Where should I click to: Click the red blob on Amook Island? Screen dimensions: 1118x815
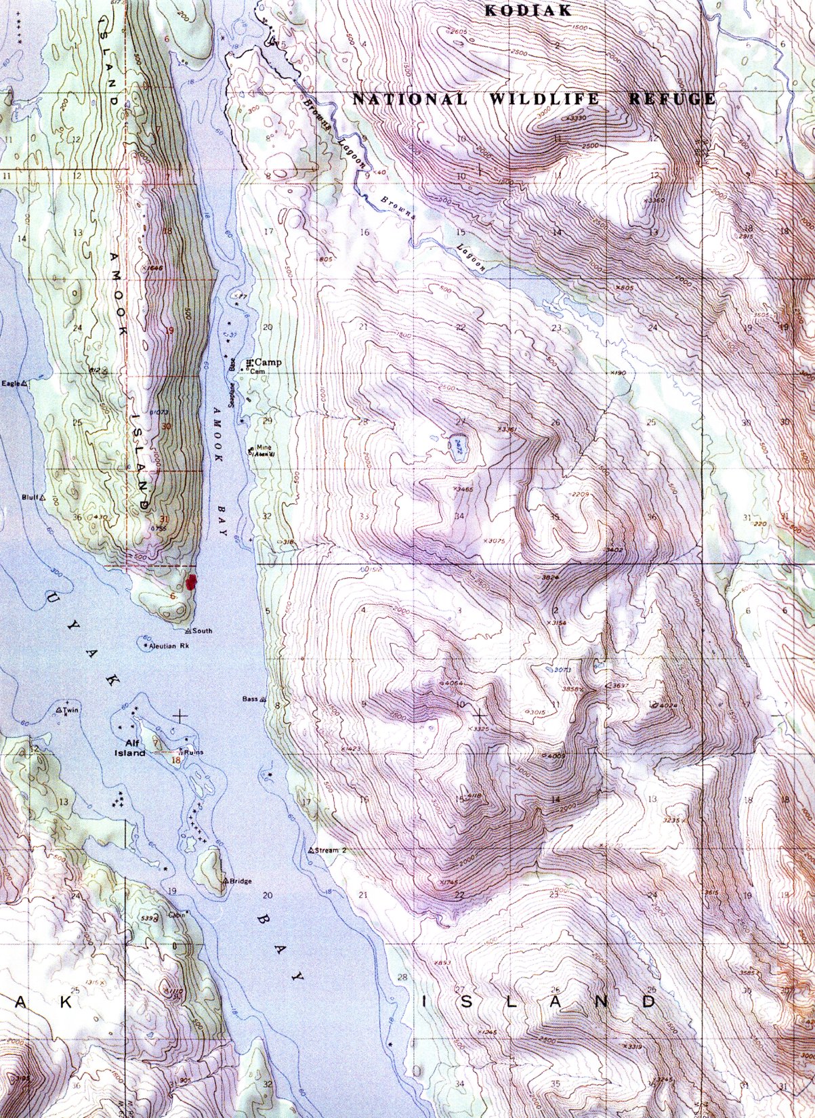click(x=192, y=581)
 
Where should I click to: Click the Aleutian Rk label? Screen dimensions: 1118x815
click(x=167, y=646)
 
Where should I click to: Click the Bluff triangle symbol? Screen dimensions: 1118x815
click(x=43, y=497)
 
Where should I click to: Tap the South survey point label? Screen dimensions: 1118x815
click(x=202, y=631)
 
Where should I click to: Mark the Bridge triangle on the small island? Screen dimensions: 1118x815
click(x=226, y=881)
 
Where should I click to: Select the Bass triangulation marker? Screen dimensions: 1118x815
click(x=263, y=699)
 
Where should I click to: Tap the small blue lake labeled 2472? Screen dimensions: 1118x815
click(x=459, y=447)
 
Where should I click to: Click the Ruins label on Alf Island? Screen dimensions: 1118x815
click(x=193, y=752)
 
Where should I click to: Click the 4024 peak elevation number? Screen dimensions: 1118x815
click(x=667, y=705)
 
